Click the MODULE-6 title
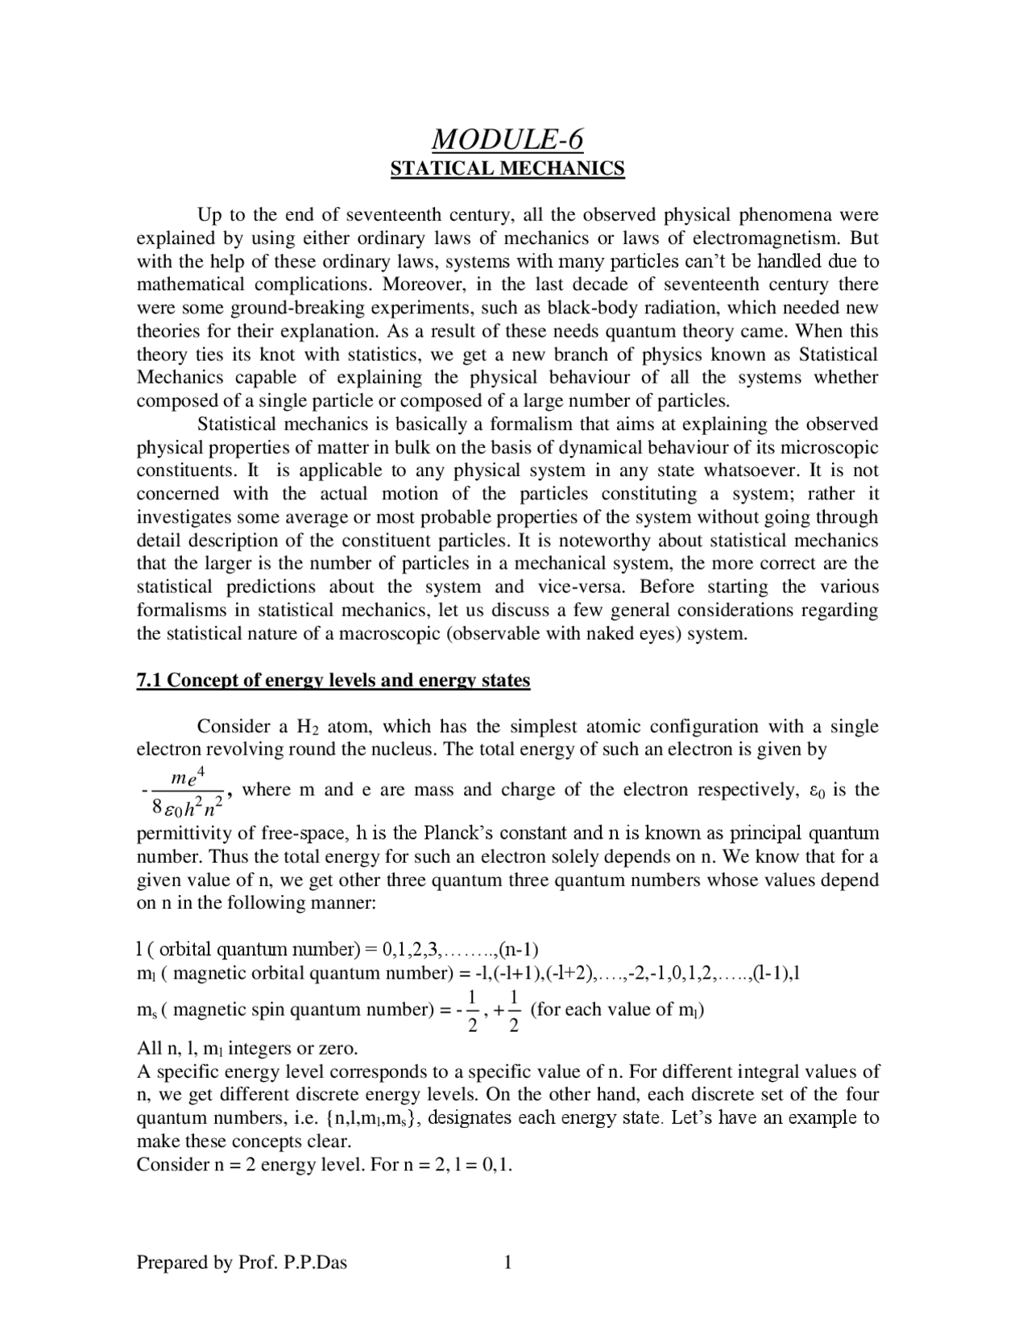coord(507,139)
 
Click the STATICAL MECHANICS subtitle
coord(507,168)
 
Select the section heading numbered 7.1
coord(333,681)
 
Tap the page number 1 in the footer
coord(507,1262)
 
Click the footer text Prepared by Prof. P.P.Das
coord(242,1262)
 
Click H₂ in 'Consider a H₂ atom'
coord(309,727)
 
